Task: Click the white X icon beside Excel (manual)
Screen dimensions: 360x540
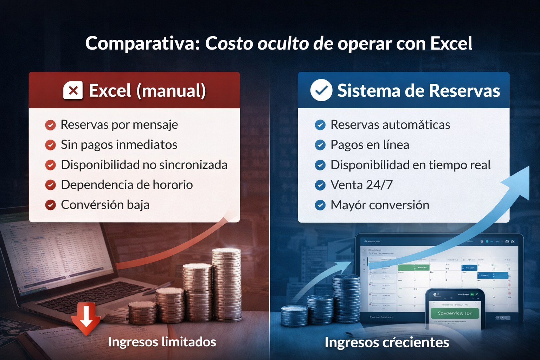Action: coord(73,91)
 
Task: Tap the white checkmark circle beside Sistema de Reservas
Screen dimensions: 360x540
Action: coord(321,90)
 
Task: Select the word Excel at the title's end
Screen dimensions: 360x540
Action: coord(451,44)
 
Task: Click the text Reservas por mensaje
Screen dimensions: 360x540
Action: coord(119,125)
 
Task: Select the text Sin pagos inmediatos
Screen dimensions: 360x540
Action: coord(119,145)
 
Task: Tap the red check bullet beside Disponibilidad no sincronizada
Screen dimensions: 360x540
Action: coord(51,165)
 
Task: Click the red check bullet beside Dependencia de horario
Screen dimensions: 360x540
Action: coord(51,185)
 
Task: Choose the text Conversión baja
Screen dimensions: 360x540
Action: coord(105,205)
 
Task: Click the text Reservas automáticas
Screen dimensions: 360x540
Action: coord(390,125)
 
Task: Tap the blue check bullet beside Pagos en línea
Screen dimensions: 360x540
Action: coord(320,145)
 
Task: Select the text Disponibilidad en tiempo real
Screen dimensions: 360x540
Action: coord(410,165)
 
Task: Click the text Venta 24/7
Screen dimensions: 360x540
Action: coord(361,185)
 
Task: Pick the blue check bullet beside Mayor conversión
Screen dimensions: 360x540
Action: coord(320,205)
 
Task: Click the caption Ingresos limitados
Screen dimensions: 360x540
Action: coord(162,342)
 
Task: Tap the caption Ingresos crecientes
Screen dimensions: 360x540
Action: coord(387,342)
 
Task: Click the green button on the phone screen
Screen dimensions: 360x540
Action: coord(455,313)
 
